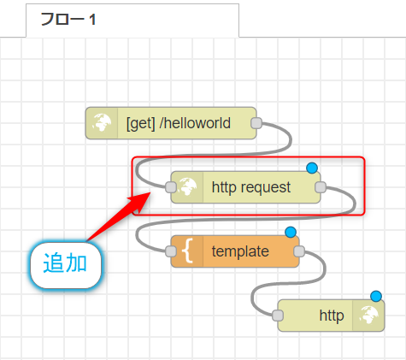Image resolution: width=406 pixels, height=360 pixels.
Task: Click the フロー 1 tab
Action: (x=132, y=20)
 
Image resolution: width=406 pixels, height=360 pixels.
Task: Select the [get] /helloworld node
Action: (x=171, y=123)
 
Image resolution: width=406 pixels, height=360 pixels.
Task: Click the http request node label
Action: (x=251, y=187)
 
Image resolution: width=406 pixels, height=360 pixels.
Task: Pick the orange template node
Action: (x=235, y=251)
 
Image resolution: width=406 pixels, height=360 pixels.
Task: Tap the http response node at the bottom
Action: (x=331, y=316)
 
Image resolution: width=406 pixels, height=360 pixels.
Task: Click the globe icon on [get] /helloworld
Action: (x=102, y=123)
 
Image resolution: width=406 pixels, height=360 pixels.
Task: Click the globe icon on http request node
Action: (x=187, y=187)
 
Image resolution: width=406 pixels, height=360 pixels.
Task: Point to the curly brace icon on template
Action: (x=187, y=251)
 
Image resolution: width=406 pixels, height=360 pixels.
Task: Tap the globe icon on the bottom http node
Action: (x=368, y=316)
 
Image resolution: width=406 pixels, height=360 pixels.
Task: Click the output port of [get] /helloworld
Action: (x=256, y=123)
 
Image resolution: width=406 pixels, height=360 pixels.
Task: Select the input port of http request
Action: (x=171, y=187)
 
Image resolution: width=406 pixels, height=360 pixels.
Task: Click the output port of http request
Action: (x=321, y=187)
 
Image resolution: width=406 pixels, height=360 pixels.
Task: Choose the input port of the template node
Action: (x=171, y=251)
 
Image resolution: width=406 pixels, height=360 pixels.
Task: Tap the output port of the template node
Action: (x=299, y=251)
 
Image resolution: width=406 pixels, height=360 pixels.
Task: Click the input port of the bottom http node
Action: (x=278, y=316)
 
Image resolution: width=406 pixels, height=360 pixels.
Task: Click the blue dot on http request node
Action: (x=312, y=168)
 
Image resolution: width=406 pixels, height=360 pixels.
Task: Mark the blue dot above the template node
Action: (x=291, y=233)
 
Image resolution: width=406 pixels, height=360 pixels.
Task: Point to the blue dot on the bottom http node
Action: (x=376, y=297)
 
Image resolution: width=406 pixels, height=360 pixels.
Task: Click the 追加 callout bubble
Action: (x=66, y=265)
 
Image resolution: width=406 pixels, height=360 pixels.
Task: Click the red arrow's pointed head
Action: (x=150, y=192)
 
